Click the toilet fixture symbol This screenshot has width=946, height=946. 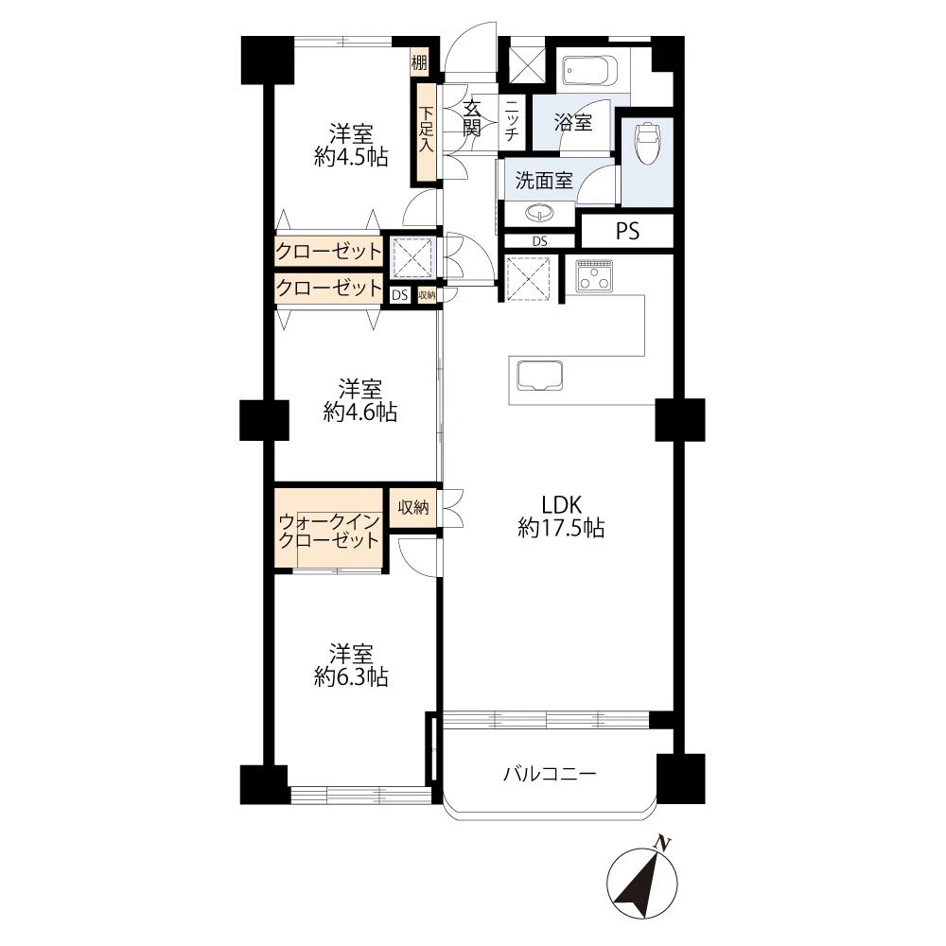tap(647, 143)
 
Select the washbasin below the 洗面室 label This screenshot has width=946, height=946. tap(540, 213)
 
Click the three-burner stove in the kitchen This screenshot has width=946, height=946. tap(594, 275)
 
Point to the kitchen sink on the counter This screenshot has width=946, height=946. tap(540, 375)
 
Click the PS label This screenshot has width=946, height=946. tap(627, 231)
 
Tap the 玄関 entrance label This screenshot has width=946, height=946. tap(472, 118)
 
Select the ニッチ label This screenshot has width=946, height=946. tap(512, 120)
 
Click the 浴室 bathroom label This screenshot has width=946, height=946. tap(573, 122)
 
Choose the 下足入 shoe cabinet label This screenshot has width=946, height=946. tap(427, 129)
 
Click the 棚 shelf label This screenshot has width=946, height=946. tap(419, 62)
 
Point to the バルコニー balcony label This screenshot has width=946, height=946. tap(551, 774)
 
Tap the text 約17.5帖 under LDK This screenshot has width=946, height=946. tap(561, 529)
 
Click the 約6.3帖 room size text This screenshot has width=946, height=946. tap(351, 677)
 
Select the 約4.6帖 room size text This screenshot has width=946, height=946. tap(360, 412)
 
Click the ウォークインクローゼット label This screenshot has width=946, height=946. tap(329, 531)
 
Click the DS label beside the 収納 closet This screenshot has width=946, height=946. tap(399, 295)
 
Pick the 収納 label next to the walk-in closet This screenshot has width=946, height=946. tap(413, 507)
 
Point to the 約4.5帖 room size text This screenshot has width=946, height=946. tap(351, 157)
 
